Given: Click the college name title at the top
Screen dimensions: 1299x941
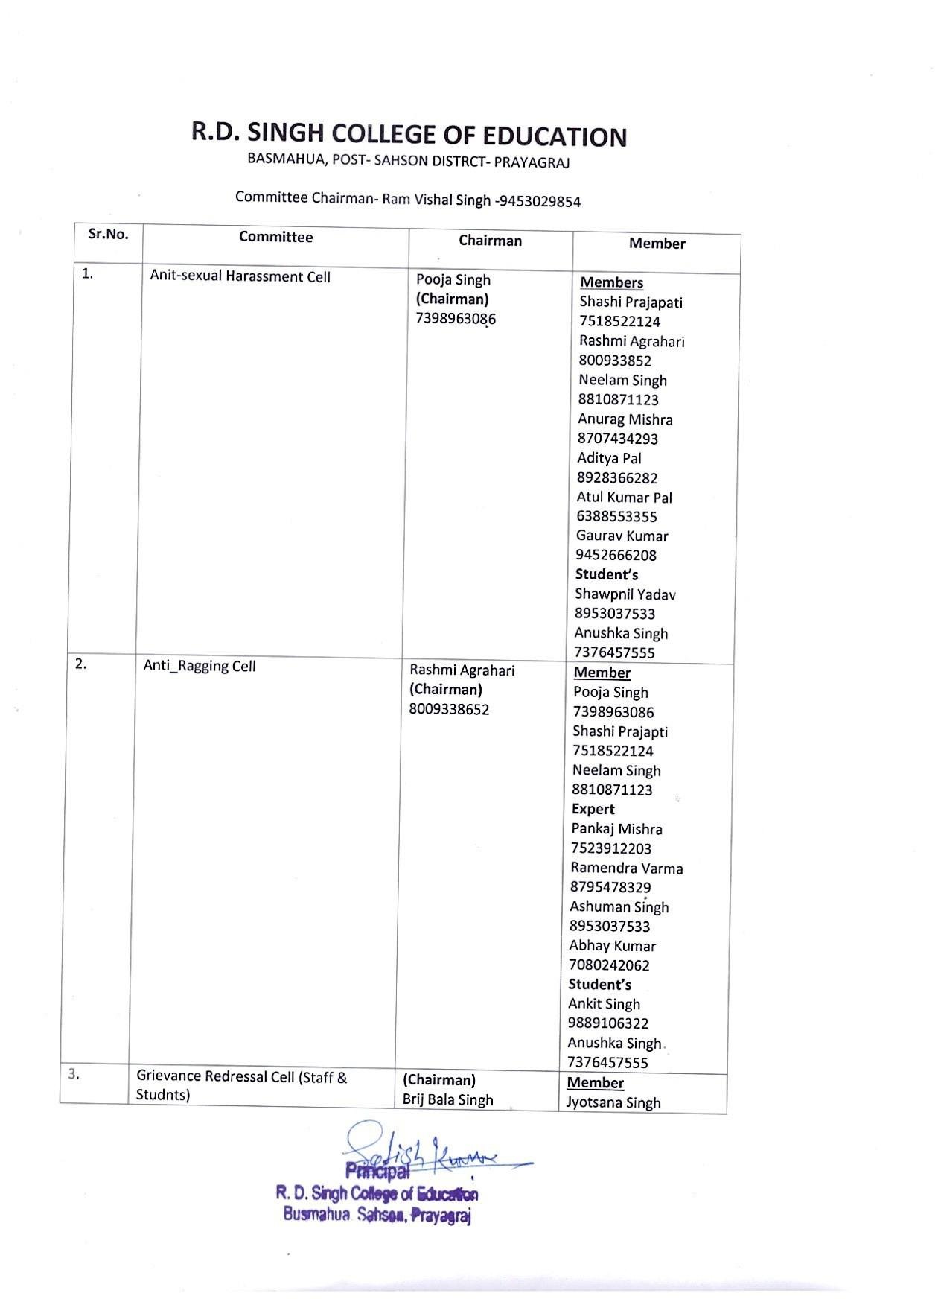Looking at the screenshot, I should point(409,135).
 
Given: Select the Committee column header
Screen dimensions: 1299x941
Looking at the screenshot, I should point(275,237).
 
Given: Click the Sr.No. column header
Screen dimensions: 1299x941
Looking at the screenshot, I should point(108,234).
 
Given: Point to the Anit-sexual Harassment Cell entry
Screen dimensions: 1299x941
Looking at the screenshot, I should point(240,276).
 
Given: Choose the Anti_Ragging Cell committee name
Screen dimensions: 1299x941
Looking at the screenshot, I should point(199,666).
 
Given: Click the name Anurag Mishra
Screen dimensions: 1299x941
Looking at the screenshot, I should point(625,419).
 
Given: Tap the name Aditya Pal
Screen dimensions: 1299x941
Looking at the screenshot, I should point(608,458).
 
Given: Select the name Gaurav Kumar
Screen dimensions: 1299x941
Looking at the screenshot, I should point(622,536).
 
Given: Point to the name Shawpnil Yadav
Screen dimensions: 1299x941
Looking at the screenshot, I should point(625,594).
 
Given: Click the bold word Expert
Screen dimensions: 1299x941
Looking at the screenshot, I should point(593,809).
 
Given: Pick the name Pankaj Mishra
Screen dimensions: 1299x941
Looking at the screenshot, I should point(616,829).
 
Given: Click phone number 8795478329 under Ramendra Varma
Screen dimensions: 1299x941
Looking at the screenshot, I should point(610,887).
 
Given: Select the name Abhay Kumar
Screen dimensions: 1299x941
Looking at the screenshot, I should point(612,946).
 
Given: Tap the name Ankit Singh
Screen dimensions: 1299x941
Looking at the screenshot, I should point(604,1004).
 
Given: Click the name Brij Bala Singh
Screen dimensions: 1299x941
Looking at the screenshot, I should point(447,1100).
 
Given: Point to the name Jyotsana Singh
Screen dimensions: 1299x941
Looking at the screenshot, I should point(613,1102).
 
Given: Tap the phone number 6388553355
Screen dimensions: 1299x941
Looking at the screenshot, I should point(616,516).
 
